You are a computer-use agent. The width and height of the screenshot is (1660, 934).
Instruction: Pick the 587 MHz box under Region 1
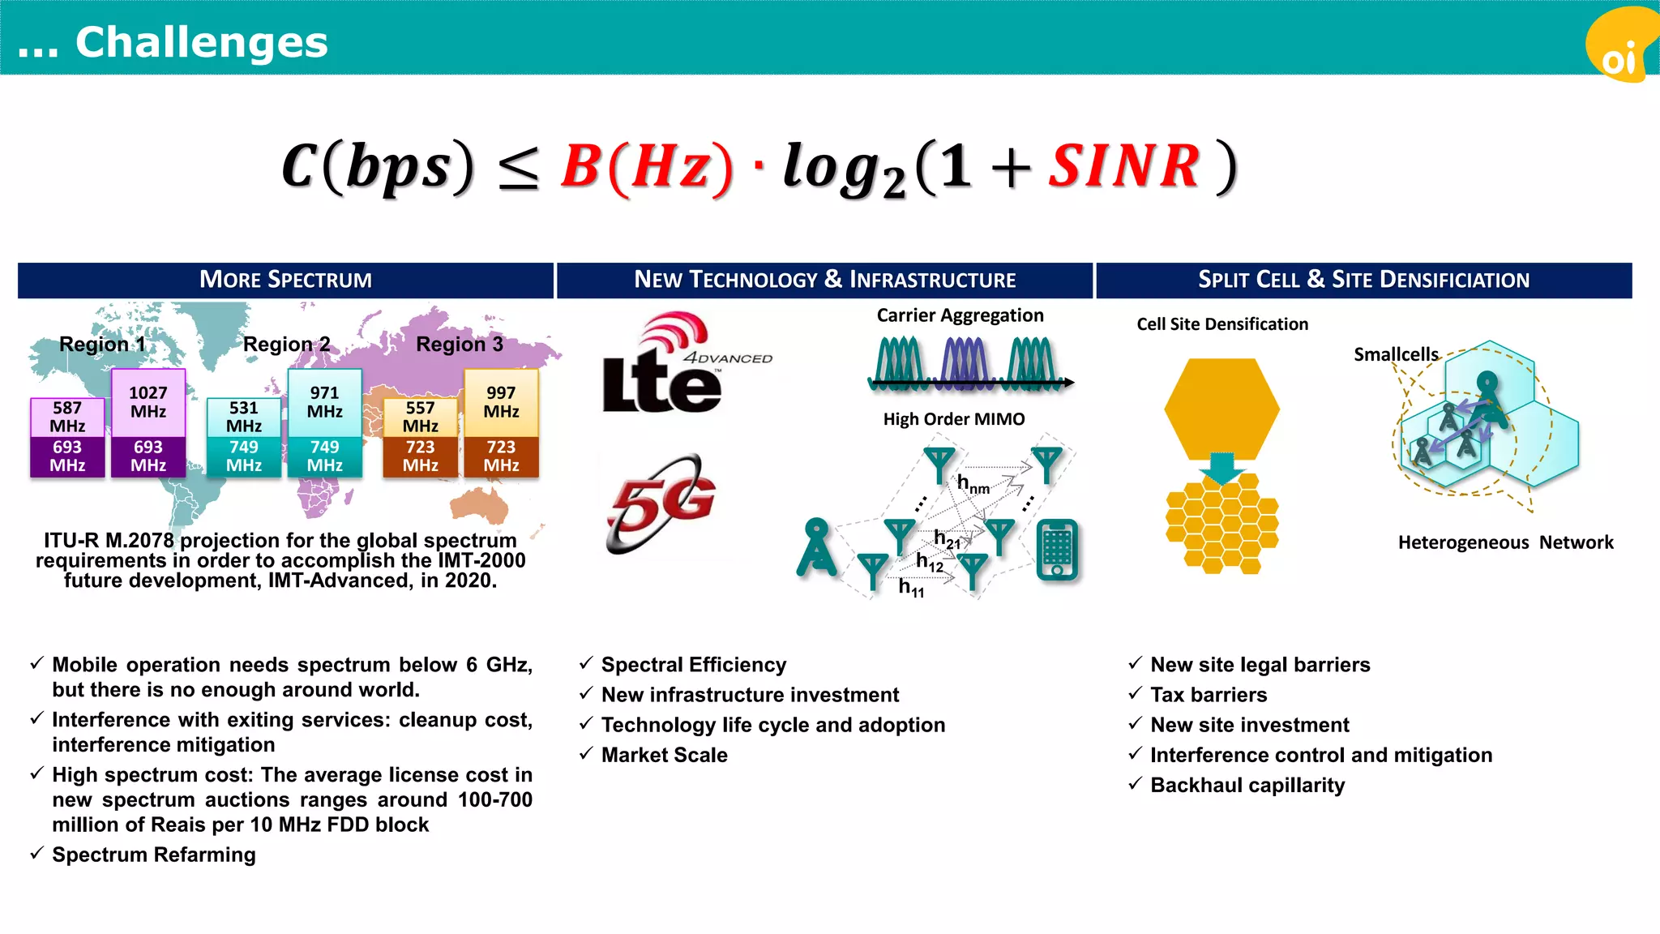pyautogui.click(x=67, y=417)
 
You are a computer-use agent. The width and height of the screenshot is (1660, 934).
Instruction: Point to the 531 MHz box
pyautogui.click(x=244, y=417)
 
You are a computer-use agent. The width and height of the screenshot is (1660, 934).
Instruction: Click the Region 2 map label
pyautogui.click(x=286, y=345)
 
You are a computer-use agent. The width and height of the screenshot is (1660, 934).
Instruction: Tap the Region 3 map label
pyautogui.click(x=459, y=345)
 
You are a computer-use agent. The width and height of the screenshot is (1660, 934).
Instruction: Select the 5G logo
pyautogui.click(x=661, y=503)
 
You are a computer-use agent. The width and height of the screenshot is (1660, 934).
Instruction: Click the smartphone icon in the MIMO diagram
pyautogui.click(x=1057, y=551)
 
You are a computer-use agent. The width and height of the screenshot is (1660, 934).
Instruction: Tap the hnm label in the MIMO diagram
pyautogui.click(x=973, y=485)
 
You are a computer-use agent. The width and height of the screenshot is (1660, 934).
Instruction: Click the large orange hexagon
pyautogui.click(x=1221, y=409)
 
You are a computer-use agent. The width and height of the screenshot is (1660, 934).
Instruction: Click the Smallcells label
pyautogui.click(x=1396, y=354)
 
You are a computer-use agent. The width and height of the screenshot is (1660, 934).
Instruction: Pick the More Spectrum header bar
pyautogui.click(x=285, y=281)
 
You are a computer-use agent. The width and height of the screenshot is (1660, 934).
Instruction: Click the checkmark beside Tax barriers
pyautogui.click(x=1135, y=694)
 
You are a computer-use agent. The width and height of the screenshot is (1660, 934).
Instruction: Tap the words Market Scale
pyautogui.click(x=664, y=755)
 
